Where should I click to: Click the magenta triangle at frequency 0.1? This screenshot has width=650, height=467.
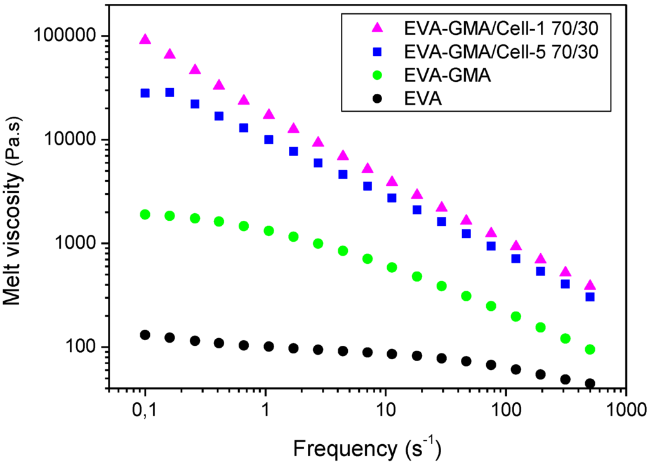(x=145, y=40)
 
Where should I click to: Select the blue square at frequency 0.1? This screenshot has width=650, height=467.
(x=145, y=93)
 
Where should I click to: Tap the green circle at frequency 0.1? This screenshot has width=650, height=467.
(x=145, y=214)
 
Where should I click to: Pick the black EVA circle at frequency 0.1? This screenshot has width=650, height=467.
(x=145, y=335)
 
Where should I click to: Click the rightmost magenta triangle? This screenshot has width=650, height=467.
(x=590, y=286)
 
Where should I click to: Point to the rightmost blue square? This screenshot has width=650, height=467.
(x=590, y=297)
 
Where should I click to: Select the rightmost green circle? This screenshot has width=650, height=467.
(x=590, y=350)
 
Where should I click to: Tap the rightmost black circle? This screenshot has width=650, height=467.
(x=590, y=383)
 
